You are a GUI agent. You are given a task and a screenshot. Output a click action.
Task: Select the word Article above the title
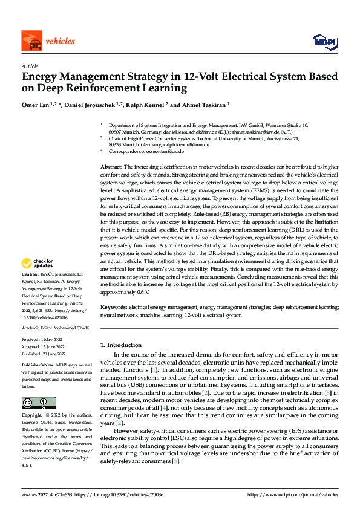click(x=30, y=66)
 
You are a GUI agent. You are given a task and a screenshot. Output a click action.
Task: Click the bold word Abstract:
click(x=112, y=166)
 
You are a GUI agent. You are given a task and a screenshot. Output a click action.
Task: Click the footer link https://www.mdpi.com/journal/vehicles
click(x=293, y=494)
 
